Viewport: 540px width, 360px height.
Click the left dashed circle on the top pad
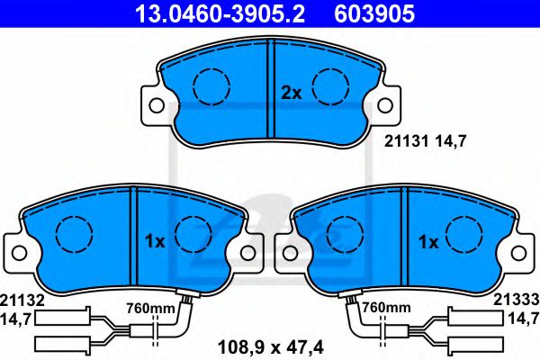[x=212, y=86]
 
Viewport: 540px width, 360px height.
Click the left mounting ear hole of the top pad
[x=157, y=106]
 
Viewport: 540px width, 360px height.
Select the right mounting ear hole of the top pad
[x=387, y=106]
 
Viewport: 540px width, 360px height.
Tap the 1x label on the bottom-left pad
[x=154, y=241]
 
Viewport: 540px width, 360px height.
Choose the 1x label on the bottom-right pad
[x=427, y=242]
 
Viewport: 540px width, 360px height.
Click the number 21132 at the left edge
[x=21, y=300]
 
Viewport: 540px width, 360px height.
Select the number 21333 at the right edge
[x=519, y=300]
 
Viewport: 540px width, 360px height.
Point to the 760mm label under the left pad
[x=151, y=308]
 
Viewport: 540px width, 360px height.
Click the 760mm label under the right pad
[x=384, y=308]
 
